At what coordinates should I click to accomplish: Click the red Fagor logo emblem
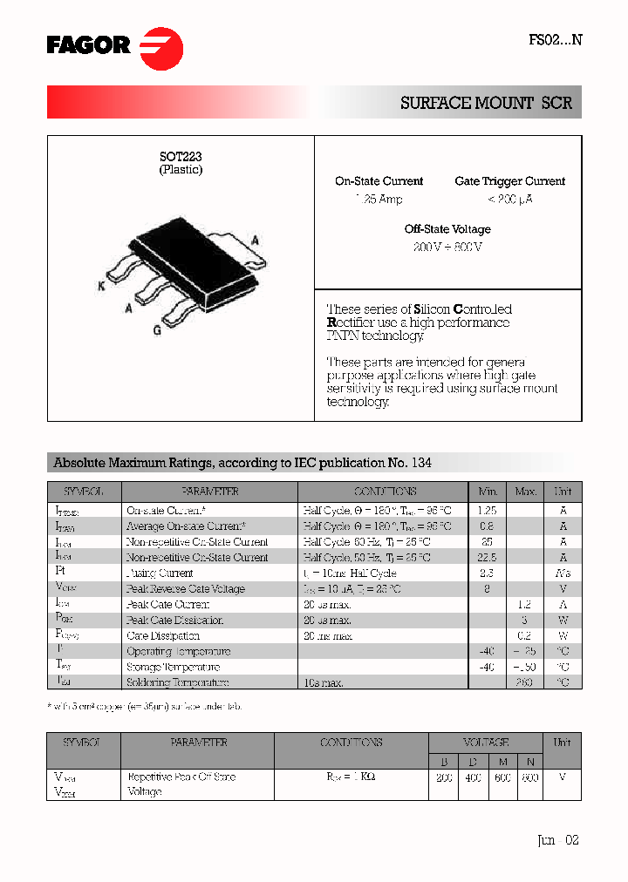(x=161, y=47)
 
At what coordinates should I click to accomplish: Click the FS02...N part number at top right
(x=555, y=39)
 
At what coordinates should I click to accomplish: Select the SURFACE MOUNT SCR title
(x=486, y=103)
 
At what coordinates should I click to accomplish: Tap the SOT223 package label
(x=181, y=156)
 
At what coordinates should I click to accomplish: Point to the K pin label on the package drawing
(x=101, y=286)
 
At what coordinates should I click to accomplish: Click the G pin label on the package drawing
(x=157, y=329)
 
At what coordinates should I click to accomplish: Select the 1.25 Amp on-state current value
(x=379, y=200)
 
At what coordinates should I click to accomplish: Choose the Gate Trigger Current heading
(x=509, y=181)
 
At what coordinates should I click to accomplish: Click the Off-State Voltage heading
(x=447, y=229)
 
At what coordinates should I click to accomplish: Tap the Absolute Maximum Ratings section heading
(x=242, y=463)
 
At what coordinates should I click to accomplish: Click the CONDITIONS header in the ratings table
(x=385, y=492)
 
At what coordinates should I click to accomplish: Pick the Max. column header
(x=525, y=492)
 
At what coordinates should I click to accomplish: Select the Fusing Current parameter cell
(x=160, y=573)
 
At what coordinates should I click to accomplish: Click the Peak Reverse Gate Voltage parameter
(x=186, y=589)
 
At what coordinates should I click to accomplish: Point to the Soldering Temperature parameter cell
(x=178, y=683)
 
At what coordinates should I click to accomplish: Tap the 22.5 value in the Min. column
(x=488, y=558)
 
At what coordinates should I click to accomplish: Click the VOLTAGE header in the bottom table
(x=486, y=743)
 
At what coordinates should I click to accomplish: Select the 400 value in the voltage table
(x=473, y=777)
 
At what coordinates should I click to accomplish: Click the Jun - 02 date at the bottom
(x=557, y=840)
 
